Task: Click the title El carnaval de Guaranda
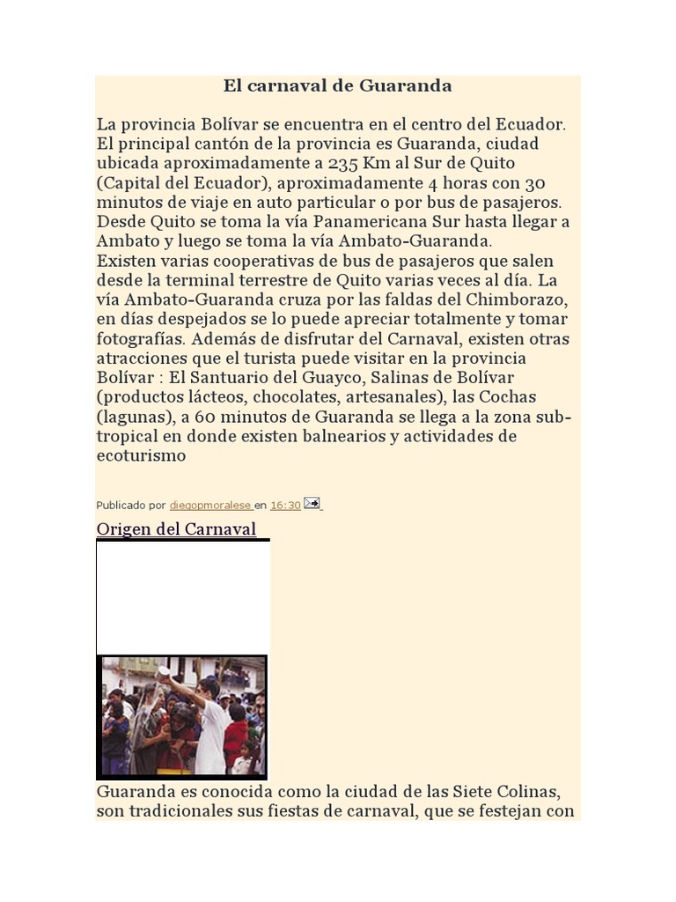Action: [337, 85]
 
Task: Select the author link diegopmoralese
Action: [210, 506]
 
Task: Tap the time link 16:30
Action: [284, 506]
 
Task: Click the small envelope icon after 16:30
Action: [312, 504]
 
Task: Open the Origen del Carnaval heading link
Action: [176, 529]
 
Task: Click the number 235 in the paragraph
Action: [346, 164]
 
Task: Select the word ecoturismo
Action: [141, 455]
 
